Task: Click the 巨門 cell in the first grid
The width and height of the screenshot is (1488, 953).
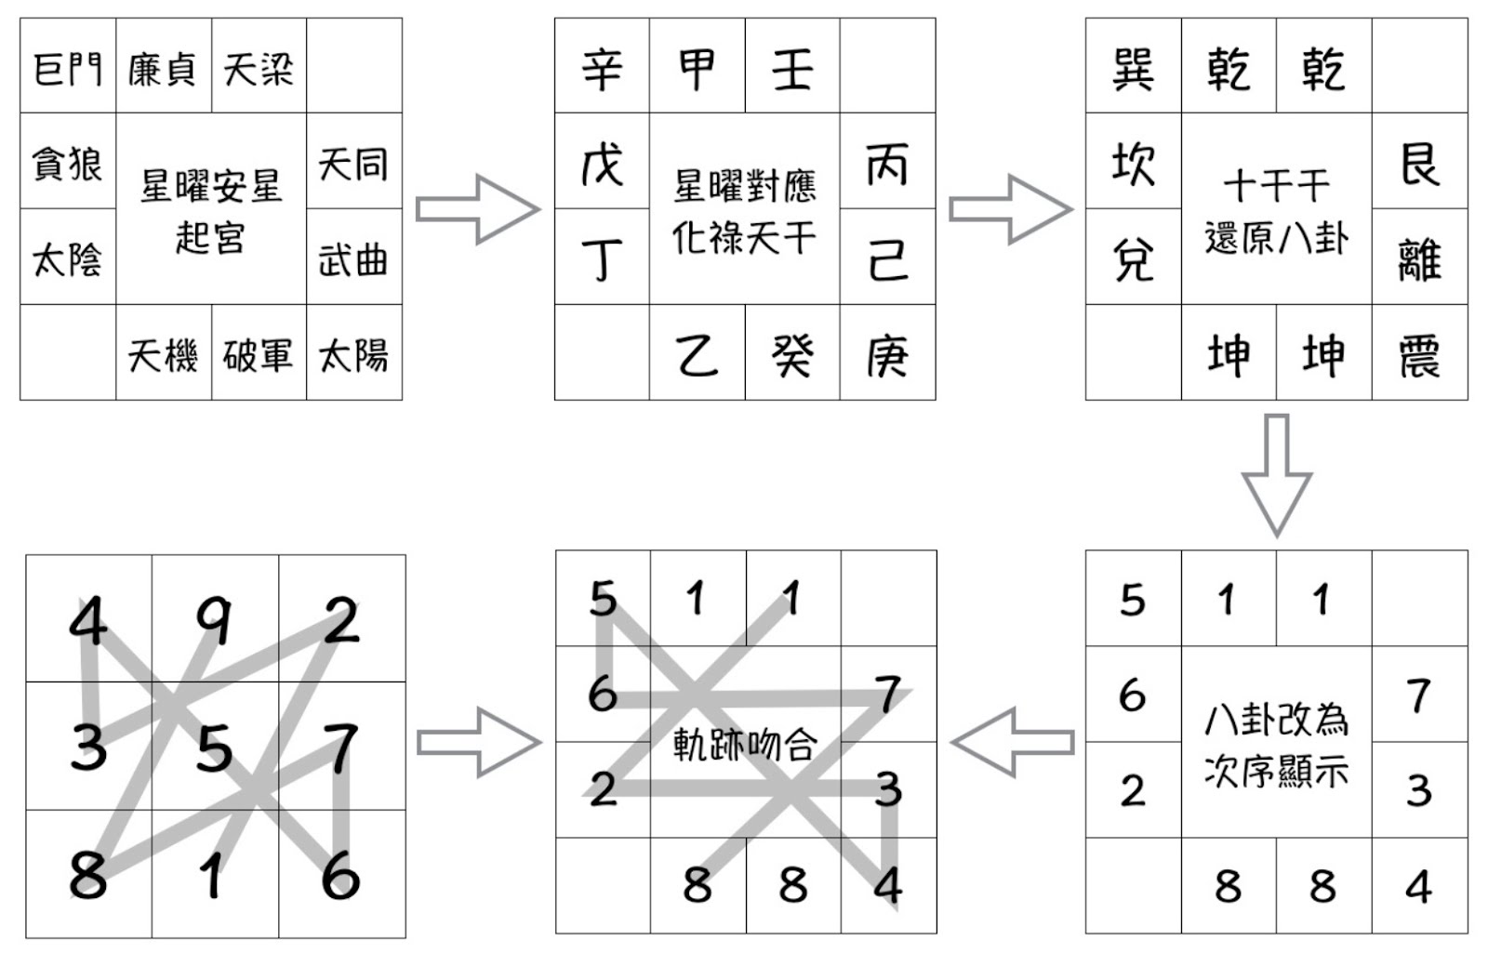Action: click(x=68, y=68)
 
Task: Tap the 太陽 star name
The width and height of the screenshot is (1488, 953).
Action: click(x=353, y=354)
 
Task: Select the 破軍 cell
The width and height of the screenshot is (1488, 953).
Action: click(x=258, y=354)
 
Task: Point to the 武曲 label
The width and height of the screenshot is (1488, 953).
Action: click(x=353, y=258)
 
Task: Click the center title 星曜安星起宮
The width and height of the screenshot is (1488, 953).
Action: click(x=210, y=211)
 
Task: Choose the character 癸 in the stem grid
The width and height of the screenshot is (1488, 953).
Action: click(x=791, y=354)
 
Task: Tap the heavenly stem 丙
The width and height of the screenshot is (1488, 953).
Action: click(x=886, y=165)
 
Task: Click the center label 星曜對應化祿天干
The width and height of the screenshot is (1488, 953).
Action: click(x=744, y=211)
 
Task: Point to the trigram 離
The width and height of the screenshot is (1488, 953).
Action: click(x=1419, y=258)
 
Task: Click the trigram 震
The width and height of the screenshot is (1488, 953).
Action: click(x=1419, y=354)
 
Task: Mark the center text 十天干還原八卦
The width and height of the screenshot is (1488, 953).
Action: click(x=1276, y=211)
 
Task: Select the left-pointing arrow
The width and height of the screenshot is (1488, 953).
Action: click(x=1012, y=742)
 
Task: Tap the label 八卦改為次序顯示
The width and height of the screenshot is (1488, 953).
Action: click(x=1276, y=744)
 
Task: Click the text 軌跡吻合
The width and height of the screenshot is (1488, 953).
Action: click(x=744, y=744)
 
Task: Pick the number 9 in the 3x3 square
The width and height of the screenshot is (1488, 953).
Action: click(x=215, y=620)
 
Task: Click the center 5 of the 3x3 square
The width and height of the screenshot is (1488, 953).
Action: click(x=215, y=747)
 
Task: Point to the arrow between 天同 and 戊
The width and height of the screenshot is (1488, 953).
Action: click(x=477, y=209)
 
